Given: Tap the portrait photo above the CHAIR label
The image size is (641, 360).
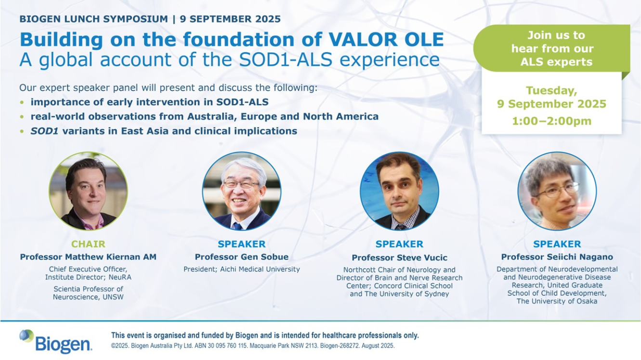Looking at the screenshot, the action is tap(88, 191).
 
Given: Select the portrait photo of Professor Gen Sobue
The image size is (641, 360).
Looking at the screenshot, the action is tap(242, 191).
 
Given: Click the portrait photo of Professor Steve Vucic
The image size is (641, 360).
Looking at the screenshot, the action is tap(399, 191).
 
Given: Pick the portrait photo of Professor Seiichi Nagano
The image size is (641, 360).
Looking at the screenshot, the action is tap(557, 191).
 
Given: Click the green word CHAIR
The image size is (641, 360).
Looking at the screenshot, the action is tap(88, 244).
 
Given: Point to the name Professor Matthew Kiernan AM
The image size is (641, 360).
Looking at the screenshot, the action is tap(88, 257).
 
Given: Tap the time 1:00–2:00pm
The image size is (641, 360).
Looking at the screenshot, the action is tap(551, 121).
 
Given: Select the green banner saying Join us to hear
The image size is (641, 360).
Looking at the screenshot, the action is tap(552, 48).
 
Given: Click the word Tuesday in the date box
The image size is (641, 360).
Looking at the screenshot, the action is tap(551, 91).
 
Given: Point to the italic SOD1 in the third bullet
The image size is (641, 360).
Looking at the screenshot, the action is tap(44, 131).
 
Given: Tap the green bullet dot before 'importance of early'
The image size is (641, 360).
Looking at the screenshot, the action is tap(22, 102).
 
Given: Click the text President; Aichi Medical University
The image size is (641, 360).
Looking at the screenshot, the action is tap(242, 270).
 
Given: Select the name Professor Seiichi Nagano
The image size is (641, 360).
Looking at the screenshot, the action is tap(557, 257).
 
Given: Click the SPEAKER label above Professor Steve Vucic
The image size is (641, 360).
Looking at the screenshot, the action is tap(399, 244).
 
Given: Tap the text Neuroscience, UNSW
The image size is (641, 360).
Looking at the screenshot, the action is tap(88, 297).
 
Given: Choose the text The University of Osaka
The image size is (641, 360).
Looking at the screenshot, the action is tap(557, 301).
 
